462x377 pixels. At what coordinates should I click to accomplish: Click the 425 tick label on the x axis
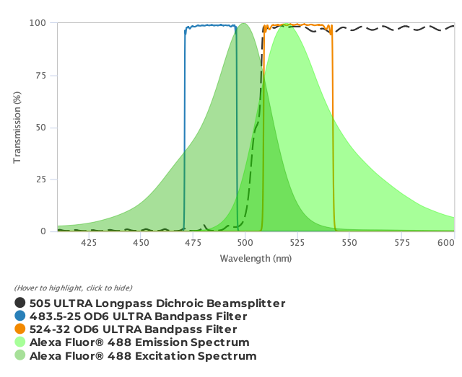[x=89, y=244]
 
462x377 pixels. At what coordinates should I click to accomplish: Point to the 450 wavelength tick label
[x=141, y=244]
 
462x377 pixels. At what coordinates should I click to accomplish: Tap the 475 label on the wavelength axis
[x=193, y=244]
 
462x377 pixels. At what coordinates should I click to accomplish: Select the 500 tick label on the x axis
[x=245, y=244]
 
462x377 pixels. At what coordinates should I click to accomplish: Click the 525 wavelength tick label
[x=297, y=244]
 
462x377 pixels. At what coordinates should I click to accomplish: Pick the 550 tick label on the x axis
[x=349, y=244]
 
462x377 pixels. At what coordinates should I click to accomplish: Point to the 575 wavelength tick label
[x=402, y=244]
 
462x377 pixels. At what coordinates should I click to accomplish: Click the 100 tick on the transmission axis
[x=38, y=23]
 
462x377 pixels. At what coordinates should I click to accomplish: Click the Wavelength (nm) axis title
[x=256, y=258]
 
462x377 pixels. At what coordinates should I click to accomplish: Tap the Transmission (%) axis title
[x=17, y=127]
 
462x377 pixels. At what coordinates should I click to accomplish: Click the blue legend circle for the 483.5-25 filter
[x=20, y=316]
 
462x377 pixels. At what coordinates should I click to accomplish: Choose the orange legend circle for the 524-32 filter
[x=20, y=329]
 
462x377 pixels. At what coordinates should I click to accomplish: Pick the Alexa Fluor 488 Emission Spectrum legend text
[x=139, y=342]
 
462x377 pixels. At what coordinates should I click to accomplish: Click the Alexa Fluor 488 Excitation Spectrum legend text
[x=143, y=355]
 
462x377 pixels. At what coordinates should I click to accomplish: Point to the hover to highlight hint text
[x=73, y=288]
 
